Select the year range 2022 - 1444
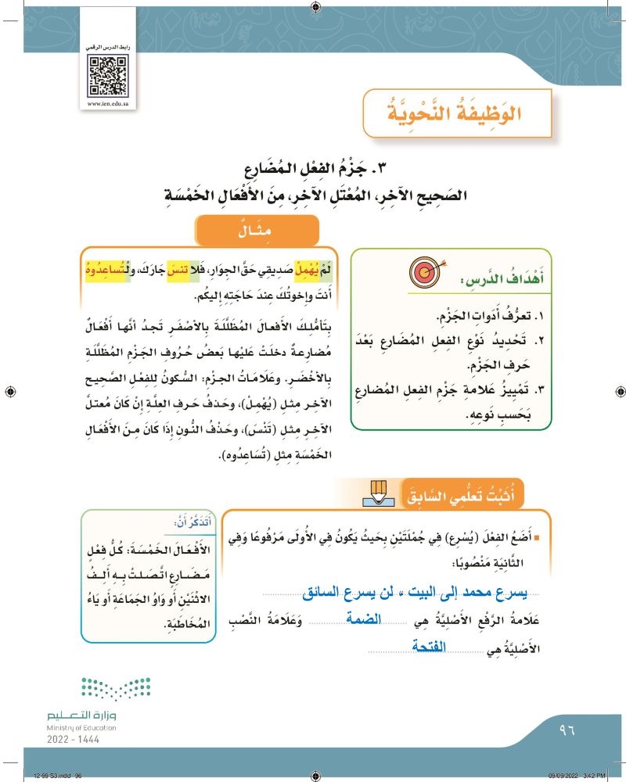tap(74, 739)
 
